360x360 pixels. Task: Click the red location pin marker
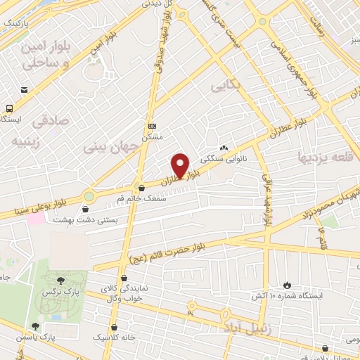[181, 165]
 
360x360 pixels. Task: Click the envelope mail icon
[25, 91]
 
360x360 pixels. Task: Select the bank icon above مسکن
[152, 126]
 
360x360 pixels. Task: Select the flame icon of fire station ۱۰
[287, 284]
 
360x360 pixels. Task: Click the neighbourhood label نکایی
[224, 85]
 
